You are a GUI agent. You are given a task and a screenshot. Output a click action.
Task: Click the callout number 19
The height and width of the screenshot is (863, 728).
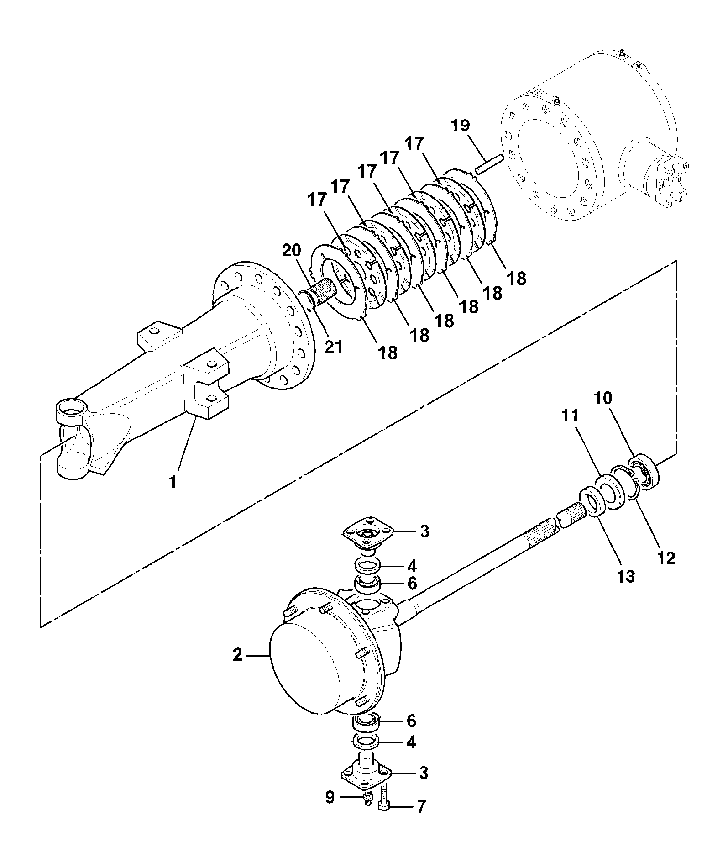click(x=461, y=125)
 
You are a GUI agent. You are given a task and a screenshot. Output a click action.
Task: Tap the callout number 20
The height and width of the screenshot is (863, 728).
click(x=291, y=251)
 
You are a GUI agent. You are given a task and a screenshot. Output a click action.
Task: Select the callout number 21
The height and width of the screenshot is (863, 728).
click(x=333, y=347)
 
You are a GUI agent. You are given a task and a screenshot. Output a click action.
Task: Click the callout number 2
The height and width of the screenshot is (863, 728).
click(x=237, y=655)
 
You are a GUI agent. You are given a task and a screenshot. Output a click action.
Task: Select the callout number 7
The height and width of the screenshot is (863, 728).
click(x=421, y=820)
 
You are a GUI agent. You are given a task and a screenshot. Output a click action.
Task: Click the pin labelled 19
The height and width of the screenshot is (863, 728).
click(x=489, y=164)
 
